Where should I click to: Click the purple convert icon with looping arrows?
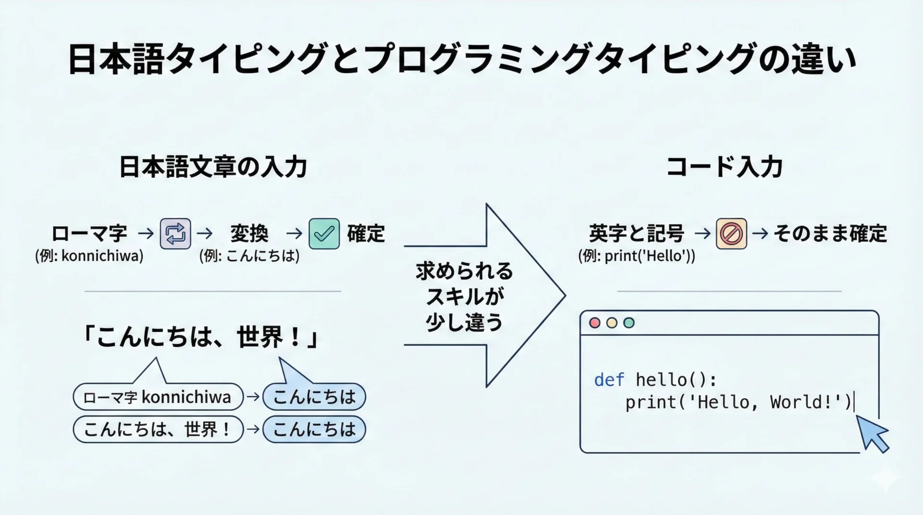click(175, 234)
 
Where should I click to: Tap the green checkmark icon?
click(324, 234)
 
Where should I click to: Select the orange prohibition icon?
click(731, 234)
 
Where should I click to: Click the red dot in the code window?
click(595, 323)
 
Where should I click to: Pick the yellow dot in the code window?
click(611, 323)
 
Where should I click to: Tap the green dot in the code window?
click(629, 323)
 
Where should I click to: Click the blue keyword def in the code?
click(609, 380)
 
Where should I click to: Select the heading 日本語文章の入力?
click(213, 167)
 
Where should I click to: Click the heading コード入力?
click(724, 167)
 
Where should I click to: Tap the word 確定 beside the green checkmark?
click(366, 234)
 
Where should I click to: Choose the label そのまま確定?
click(830, 234)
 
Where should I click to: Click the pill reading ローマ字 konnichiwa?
click(158, 397)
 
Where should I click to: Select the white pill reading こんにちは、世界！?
click(158, 429)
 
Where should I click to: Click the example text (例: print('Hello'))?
click(636, 256)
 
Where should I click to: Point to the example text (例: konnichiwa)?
click(89, 256)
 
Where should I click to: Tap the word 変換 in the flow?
click(249, 234)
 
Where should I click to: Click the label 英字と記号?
click(636, 234)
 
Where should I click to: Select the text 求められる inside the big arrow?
click(464, 271)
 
